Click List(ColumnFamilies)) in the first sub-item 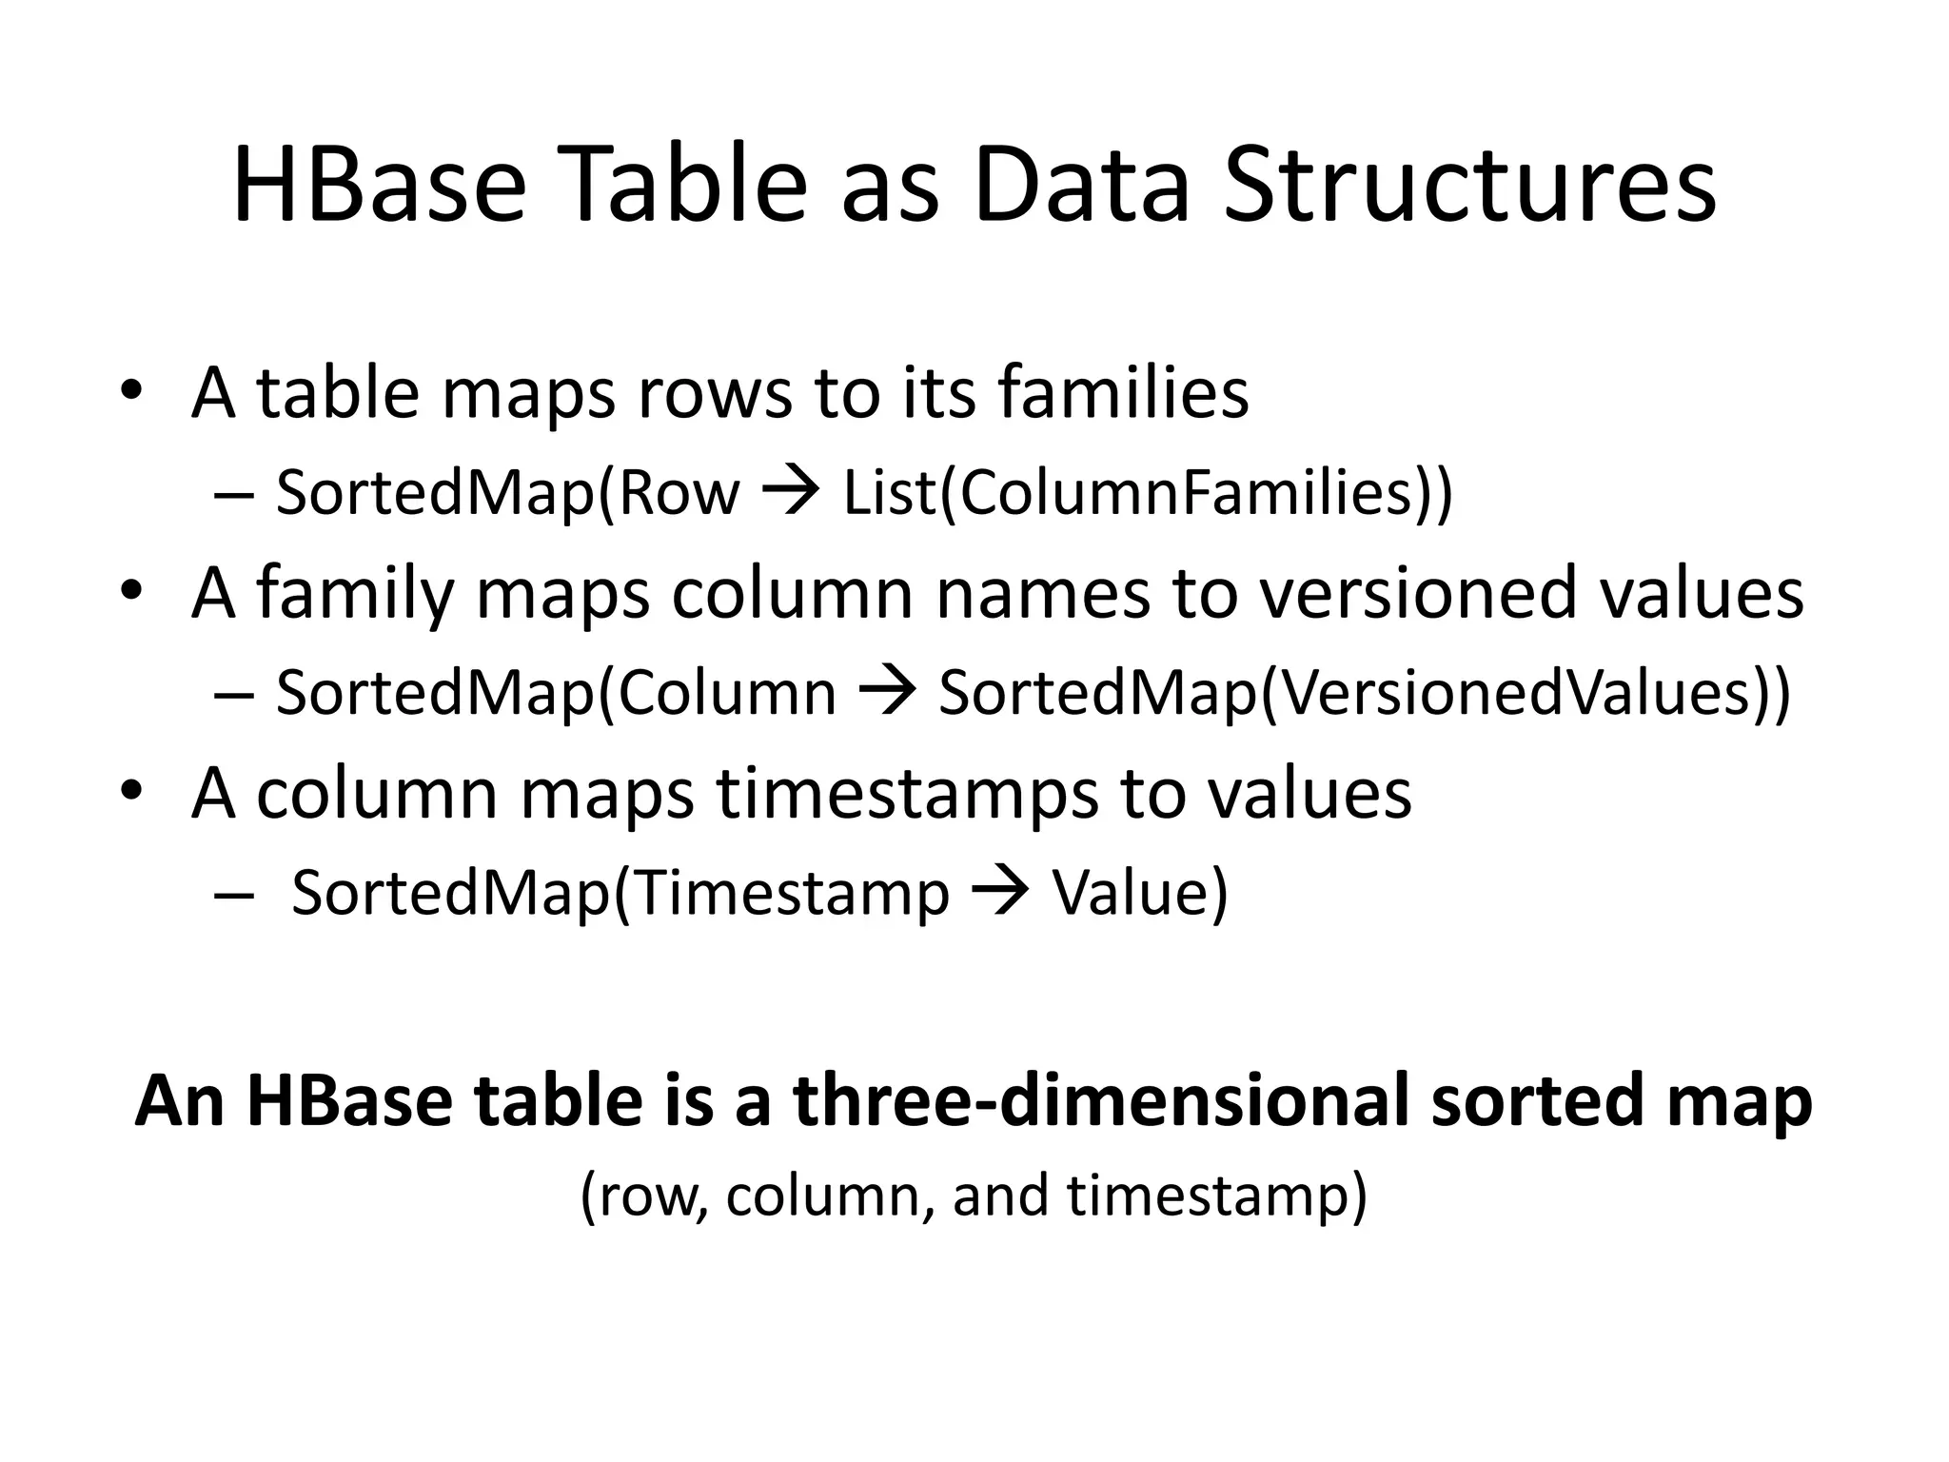pos(1148,494)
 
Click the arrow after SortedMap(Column pos(887,692)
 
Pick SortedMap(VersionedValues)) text pos(1364,694)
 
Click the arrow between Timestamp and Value pos(1000,892)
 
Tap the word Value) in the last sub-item pos(1140,894)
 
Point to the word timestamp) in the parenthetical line pos(1216,1196)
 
